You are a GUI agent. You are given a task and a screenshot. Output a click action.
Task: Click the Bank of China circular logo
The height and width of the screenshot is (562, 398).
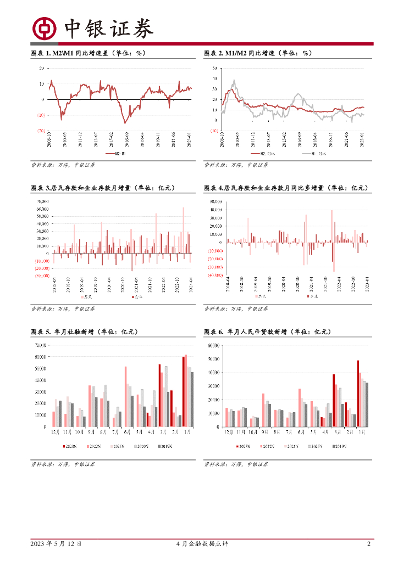[45, 29]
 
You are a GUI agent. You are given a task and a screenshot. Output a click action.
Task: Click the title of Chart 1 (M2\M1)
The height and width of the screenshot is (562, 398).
[87, 53]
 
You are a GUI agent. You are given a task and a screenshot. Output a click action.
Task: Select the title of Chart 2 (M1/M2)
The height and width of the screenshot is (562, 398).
[258, 53]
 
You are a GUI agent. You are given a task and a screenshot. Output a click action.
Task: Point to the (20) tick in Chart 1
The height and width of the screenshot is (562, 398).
[41, 131]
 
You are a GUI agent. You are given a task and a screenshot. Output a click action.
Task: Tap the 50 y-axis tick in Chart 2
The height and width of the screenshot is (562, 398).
[214, 68]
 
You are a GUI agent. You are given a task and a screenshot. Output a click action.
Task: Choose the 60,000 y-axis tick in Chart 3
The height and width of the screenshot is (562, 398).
[42, 209]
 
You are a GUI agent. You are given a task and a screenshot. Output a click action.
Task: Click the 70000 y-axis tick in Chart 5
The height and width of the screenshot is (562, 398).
[40, 345]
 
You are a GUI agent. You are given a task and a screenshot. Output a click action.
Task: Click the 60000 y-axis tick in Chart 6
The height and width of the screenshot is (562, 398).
[213, 345]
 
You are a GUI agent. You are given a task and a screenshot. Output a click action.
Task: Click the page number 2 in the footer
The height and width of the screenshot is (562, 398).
[369, 544]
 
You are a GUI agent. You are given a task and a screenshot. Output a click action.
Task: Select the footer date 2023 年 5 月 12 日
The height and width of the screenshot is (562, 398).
[57, 544]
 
